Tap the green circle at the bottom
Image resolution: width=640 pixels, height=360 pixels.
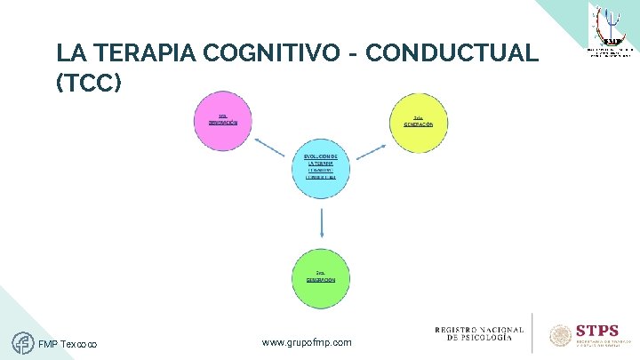(321, 274)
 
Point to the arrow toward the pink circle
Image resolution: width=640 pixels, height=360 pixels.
(270, 146)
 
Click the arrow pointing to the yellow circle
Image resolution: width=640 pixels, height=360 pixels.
(369, 147)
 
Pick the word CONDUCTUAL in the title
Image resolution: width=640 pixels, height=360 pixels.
(452, 53)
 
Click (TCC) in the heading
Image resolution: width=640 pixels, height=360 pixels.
(86, 84)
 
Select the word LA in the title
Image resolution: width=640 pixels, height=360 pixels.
(68, 53)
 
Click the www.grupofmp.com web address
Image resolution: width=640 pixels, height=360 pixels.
(308, 342)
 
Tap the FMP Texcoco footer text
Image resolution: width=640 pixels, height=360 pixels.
(68, 345)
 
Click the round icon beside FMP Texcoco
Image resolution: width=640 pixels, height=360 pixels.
(23, 342)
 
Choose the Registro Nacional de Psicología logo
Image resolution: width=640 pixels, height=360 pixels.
(479, 333)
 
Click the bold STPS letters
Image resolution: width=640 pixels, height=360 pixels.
(597, 330)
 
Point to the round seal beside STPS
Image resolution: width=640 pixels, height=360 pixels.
(561, 335)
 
